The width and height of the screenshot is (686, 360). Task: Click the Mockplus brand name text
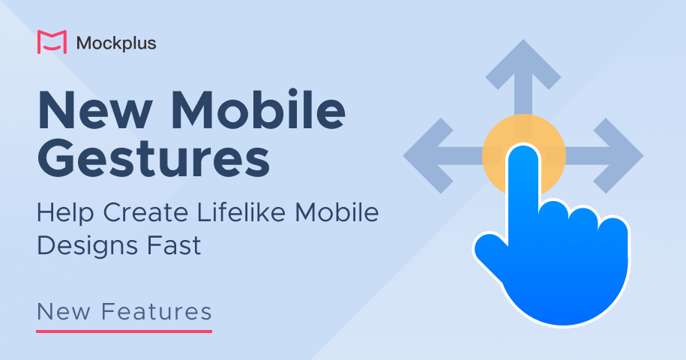pyautogui.click(x=116, y=43)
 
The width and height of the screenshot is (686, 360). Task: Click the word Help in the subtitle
pyautogui.click(x=65, y=213)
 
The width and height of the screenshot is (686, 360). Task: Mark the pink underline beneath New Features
pyautogui.click(x=124, y=330)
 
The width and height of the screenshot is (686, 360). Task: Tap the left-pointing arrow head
pyautogui.click(x=424, y=156)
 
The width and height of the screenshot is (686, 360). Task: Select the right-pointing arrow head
pyautogui.click(x=622, y=156)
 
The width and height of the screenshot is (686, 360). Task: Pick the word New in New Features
pyautogui.click(x=64, y=310)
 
